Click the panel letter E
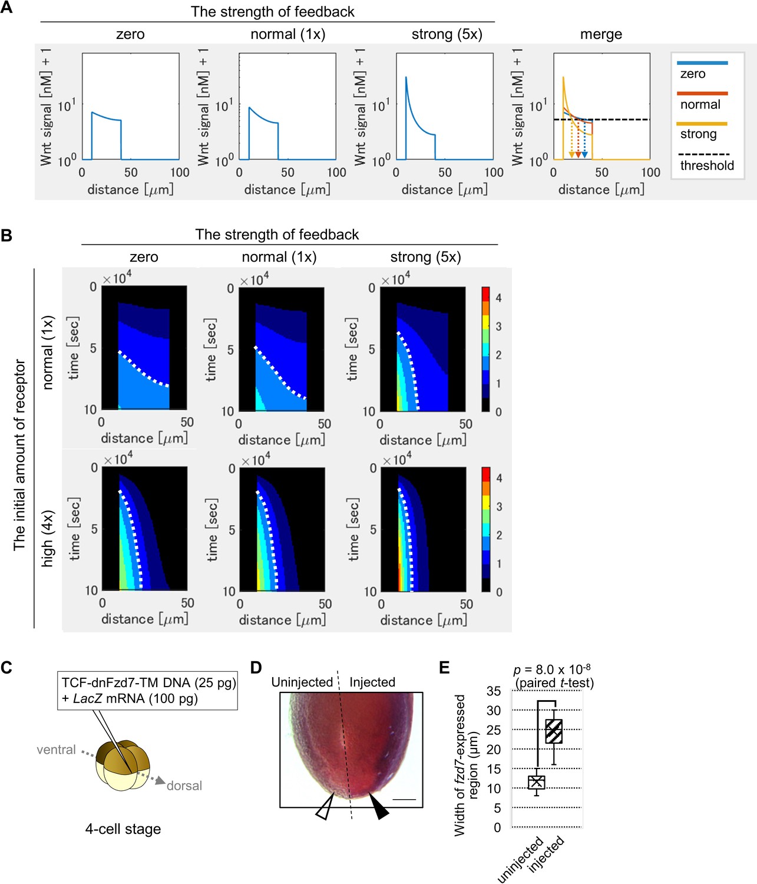(445, 667)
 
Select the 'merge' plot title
(601, 34)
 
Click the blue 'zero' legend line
(702, 63)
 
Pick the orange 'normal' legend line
(702, 94)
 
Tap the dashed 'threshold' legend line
(704, 154)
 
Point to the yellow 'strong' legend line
(702, 124)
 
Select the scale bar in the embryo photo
(404, 800)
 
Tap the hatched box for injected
(554, 731)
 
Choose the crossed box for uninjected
(537, 782)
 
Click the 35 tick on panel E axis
(494, 691)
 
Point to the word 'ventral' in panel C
(56, 750)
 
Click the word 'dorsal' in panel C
(184, 786)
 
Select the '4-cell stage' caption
(123, 829)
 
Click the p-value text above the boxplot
(551, 670)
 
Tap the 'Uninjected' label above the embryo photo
(302, 682)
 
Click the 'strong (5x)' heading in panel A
(447, 34)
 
